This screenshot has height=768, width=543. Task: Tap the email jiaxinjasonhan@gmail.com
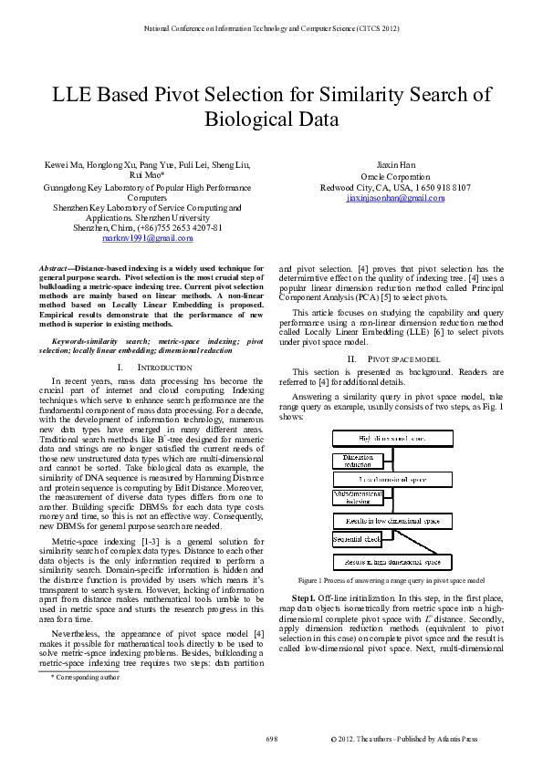point(395,197)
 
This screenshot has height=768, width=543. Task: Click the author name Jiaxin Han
point(395,166)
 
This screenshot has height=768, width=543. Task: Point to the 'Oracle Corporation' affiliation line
point(395,177)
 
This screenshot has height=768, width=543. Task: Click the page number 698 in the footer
point(271,737)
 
